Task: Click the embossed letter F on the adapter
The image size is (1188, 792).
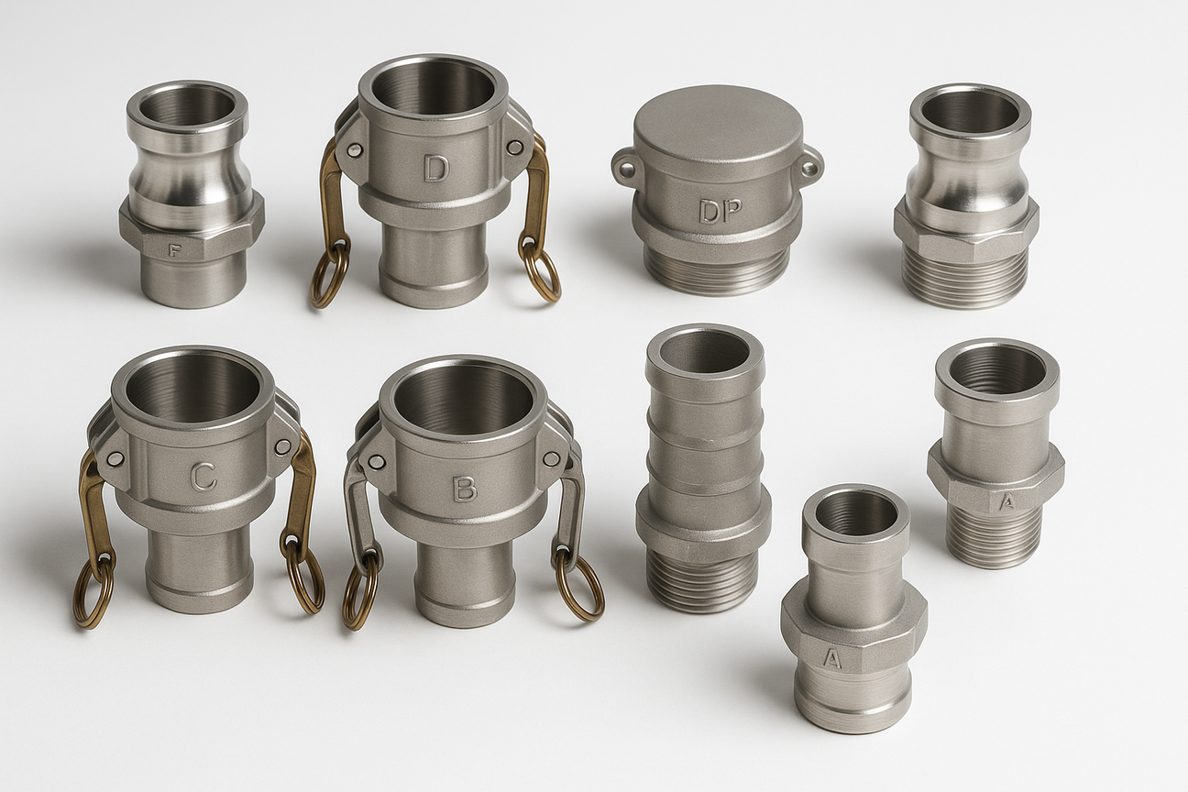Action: [174, 248]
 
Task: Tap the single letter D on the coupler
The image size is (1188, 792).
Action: [435, 168]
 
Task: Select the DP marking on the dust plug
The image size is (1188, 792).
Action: [720, 211]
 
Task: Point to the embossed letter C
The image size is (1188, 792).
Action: [203, 476]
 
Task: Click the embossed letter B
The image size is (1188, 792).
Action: [465, 489]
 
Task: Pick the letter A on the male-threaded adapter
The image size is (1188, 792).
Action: [1006, 500]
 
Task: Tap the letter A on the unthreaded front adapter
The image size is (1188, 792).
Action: [831, 657]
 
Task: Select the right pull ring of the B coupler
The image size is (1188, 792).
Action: [579, 586]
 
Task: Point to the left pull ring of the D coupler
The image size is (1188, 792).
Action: [329, 274]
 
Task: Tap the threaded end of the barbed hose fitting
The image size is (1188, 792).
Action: [701, 579]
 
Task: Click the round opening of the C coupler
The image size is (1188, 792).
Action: [192, 386]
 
